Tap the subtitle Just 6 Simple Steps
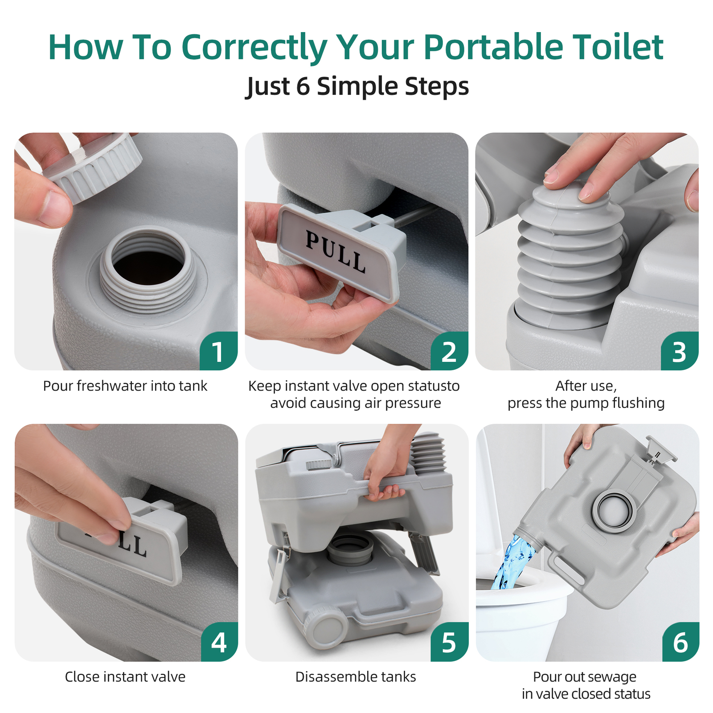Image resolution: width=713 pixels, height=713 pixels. tap(357, 86)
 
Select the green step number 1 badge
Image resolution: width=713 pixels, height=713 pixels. tap(218, 352)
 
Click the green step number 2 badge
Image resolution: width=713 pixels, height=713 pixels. tap(449, 352)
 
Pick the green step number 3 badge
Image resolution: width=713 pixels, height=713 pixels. tap(679, 352)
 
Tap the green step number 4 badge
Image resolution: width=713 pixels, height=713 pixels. tap(219, 643)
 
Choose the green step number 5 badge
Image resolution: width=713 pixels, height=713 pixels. tap(449, 643)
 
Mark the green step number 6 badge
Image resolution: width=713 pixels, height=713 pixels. tap(680, 643)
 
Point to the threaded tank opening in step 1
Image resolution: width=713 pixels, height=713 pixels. tap(147, 267)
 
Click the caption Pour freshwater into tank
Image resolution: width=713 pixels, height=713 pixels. tap(125, 386)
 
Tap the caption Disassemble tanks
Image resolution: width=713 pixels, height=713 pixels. tap(356, 677)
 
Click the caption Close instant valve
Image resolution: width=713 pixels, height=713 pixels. tap(125, 677)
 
